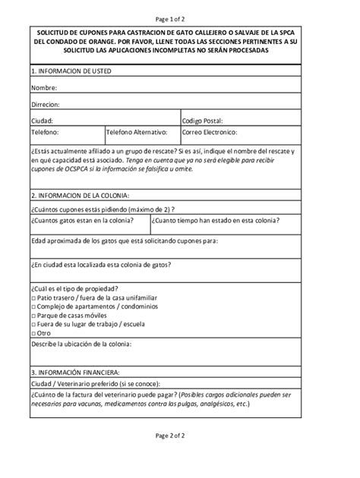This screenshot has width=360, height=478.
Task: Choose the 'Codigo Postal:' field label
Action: (203, 121)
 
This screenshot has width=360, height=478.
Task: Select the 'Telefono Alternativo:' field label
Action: (137, 132)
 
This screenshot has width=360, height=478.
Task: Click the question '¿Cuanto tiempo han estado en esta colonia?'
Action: (215, 220)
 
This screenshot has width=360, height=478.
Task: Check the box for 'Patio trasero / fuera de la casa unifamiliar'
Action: (34, 299)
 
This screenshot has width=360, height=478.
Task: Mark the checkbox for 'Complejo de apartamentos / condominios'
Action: (34, 307)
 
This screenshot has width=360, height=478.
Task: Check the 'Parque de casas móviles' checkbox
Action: (34, 316)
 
